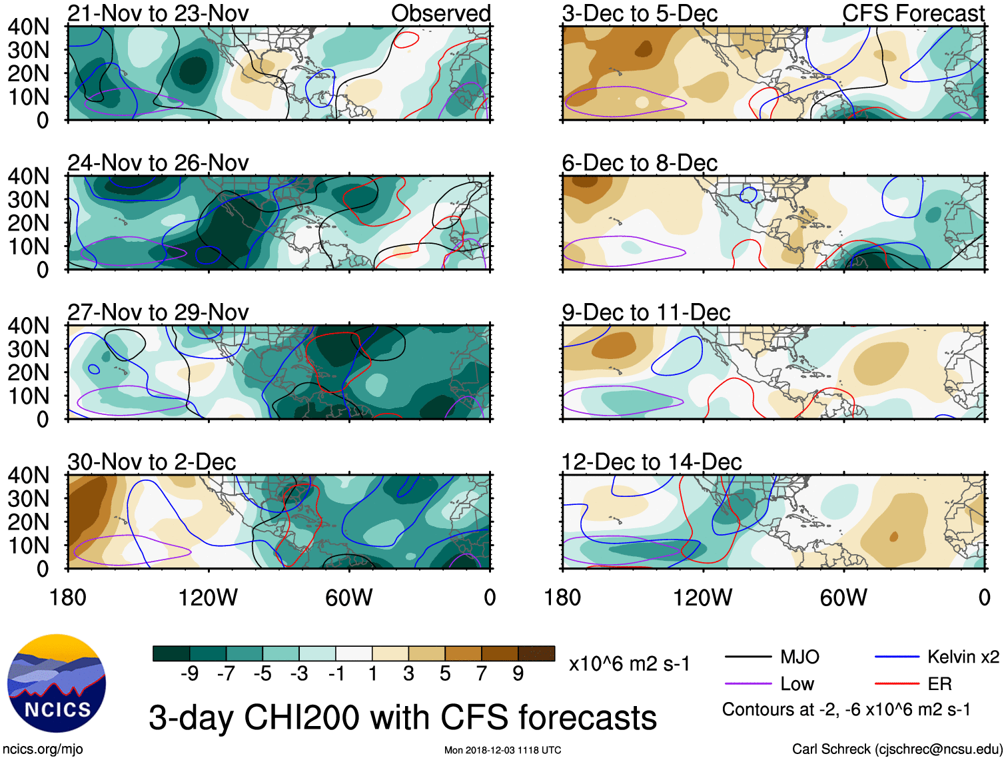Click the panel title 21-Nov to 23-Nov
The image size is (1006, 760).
tap(158, 13)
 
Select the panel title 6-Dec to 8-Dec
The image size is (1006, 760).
tap(640, 163)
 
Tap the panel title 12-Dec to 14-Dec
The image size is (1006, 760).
tap(652, 462)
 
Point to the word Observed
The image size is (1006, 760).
tap(440, 13)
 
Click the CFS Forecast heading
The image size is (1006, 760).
tap(913, 13)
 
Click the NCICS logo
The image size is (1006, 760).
tap(57, 683)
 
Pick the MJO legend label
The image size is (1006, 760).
tap(799, 657)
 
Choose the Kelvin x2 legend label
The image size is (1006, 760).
tap(963, 657)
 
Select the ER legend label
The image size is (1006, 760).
tap(939, 684)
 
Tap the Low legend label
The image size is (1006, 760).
tap(797, 684)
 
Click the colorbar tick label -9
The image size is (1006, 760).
tap(189, 674)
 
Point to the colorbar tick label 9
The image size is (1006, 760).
tap(518, 674)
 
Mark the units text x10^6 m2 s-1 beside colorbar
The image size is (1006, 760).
tap(629, 664)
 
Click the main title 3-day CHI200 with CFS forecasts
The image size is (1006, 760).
tap(402, 718)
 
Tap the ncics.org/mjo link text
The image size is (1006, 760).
tap(43, 749)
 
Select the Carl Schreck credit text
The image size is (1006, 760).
tap(897, 749)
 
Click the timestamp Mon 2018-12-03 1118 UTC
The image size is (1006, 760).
tap(502, 750)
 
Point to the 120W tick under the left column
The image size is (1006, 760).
tap(208, 597)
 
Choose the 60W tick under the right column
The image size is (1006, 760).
tap(843, 597)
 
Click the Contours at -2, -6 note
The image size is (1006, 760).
tap(846, 710)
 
